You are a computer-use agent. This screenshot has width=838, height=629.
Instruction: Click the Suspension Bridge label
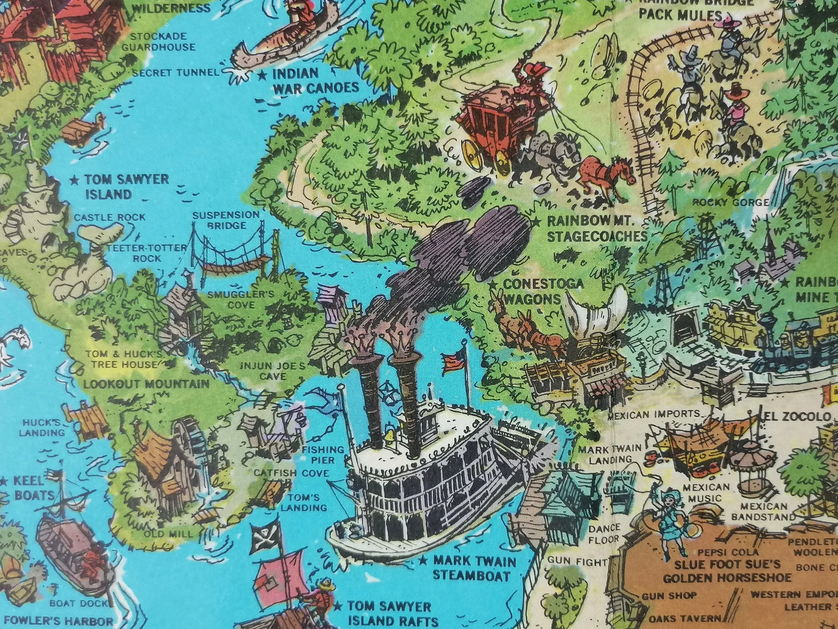tap(226, 220)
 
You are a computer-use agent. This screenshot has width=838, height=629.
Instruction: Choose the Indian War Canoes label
tap(315, 81)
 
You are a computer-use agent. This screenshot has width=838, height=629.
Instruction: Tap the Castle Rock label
tap(110, 217)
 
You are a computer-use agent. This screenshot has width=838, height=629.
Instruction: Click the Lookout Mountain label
tap(146, 384)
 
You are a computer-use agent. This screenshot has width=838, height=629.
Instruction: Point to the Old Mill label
tap(169, 534)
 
